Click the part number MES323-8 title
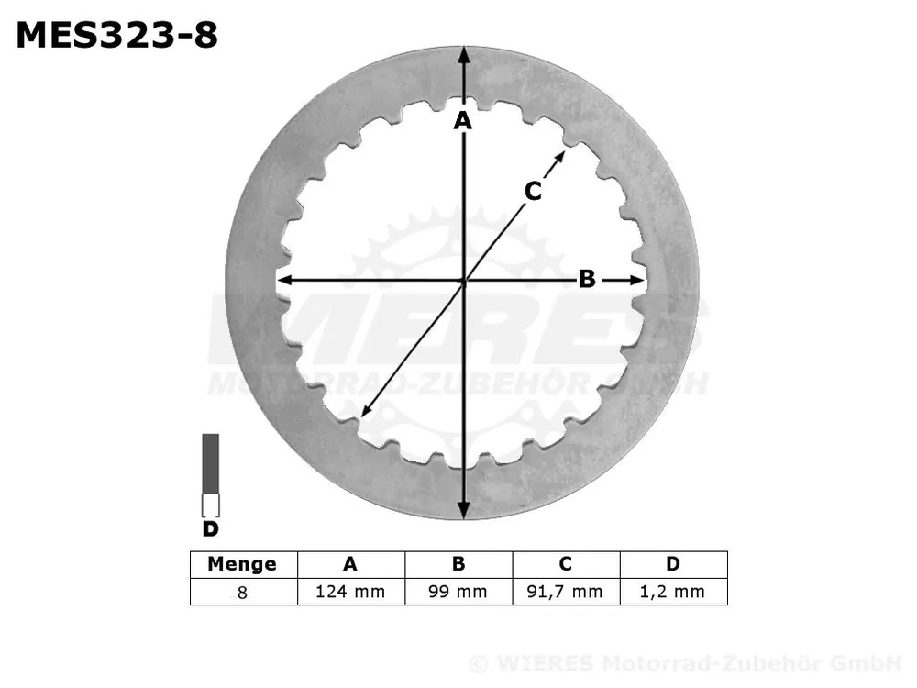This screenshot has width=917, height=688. (117, 35)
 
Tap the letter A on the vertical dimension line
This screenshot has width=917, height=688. (462, 121)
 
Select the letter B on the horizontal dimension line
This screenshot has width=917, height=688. (587, 279)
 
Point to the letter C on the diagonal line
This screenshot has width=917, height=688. (533, 192)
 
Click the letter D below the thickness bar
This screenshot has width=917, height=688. (210, 529)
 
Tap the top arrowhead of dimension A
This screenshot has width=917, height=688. (464, 55)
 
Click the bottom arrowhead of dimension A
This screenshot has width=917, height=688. (464, 510)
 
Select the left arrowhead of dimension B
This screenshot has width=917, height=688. (285, 281)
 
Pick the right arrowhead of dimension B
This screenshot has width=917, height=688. (637, 281)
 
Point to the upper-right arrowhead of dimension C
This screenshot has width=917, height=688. (559, 157)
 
